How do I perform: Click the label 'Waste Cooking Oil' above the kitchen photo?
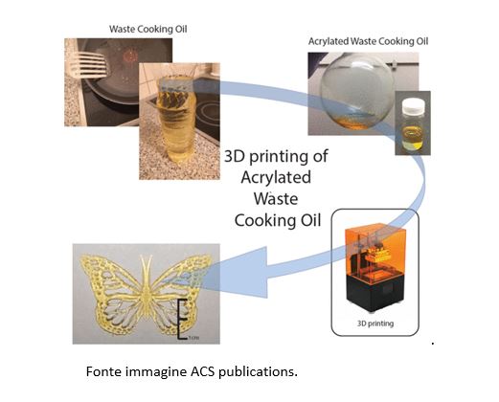[147, 29]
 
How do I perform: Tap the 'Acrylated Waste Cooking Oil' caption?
[368, 41]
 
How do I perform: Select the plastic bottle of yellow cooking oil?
[173, 120]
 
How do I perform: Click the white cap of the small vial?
[413, 105]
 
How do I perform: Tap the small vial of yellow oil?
[413, 125]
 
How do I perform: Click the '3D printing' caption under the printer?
[375, 324]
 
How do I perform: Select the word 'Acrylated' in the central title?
[276, 177]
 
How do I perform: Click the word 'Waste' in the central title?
[276, 198]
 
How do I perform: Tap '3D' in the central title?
[234, 156]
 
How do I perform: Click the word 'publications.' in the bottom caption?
[258, 372]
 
